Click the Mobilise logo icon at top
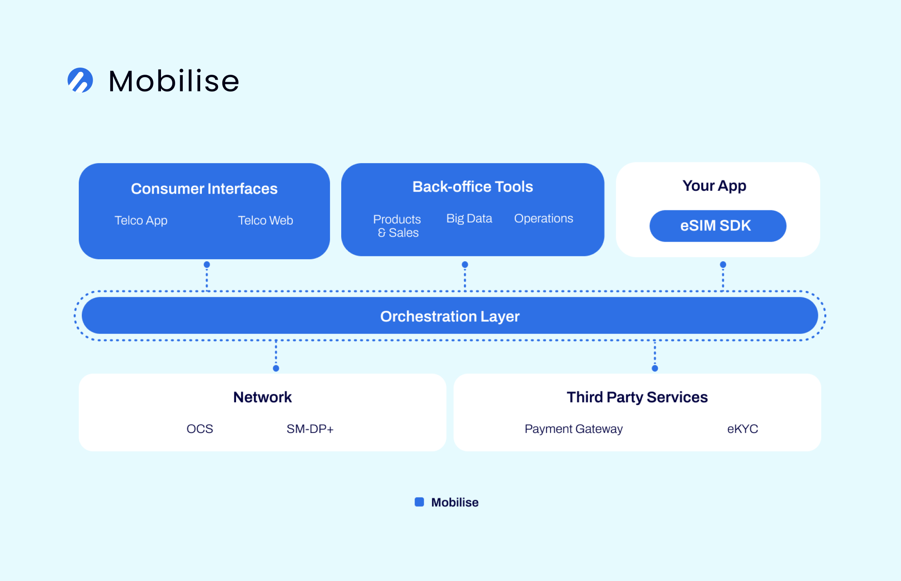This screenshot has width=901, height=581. tap(80, 80)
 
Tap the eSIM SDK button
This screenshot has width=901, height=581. tap(717, 226)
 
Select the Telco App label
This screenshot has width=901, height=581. tap(141, 220)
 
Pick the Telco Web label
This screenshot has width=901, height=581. tap(265, 220)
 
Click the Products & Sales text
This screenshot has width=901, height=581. tap(397, 226)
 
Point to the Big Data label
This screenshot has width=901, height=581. tap(469, 218)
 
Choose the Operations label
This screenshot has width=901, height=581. tap(544, 218)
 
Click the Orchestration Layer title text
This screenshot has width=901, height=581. tap(450, 316)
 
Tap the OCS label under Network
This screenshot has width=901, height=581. tap(200, 429)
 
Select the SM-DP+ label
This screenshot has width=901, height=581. tap(310, 429)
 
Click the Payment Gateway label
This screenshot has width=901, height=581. tap(574, 429)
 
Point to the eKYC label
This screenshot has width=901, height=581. tap(742, 429)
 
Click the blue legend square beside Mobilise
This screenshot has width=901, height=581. tap(419, 502)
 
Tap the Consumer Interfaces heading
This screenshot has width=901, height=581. tap(204, 189)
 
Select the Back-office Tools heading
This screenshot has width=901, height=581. tap(473, 187)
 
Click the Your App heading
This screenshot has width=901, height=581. tap(714, 186)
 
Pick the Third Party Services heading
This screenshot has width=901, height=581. tap(637, 397)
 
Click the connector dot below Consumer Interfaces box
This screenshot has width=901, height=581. tap(207, 265)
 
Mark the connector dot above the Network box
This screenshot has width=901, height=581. tap(276, 368)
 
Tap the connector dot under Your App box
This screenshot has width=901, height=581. tap(723, 265)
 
